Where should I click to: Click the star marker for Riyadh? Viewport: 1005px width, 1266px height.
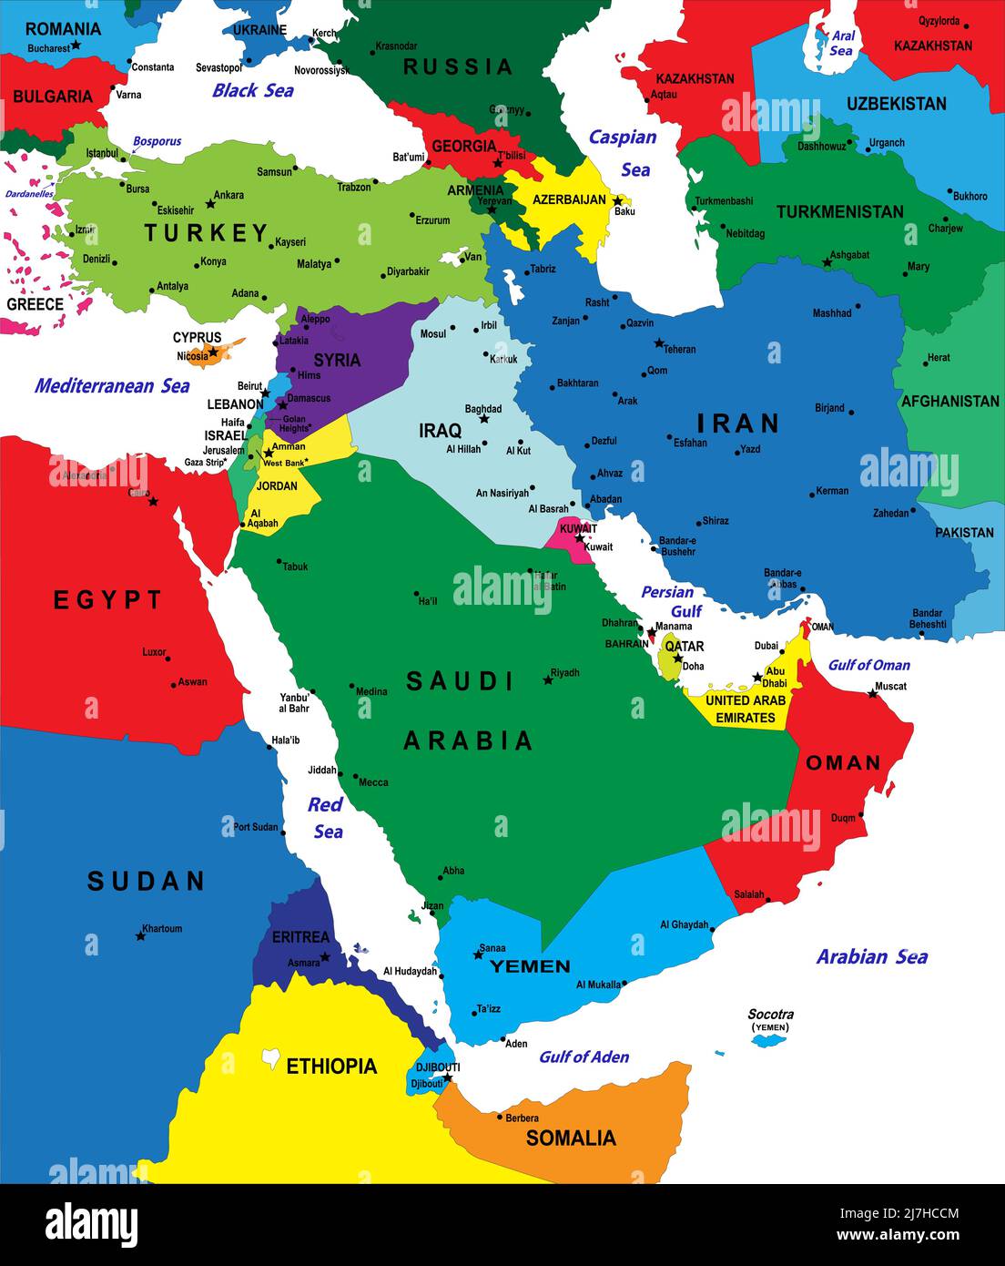click(548, 679)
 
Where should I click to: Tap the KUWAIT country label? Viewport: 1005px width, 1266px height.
click(578, 528)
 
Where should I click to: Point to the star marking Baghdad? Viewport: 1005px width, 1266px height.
click(484, 419)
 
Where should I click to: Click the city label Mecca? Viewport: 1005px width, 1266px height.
click(373, 782)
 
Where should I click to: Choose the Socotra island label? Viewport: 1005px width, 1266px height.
click(770, 1015)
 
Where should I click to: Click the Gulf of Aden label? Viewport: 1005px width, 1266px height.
click(584, 1057)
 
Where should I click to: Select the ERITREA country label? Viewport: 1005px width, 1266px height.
click(300, 936)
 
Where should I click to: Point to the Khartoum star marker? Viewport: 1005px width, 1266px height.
click(141, 935)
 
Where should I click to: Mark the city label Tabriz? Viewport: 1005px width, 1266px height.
click(543, 270)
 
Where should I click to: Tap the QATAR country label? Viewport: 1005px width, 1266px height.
click(684, 646)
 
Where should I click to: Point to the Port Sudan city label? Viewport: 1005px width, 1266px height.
click(256, 827)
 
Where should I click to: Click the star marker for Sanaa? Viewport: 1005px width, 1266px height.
click(478, 955)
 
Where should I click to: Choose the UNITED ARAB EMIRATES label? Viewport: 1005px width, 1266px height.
click(745, 709)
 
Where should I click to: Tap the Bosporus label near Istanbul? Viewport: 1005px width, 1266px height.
click(157, 141)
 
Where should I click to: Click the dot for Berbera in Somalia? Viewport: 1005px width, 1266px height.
click(500, 1117)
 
